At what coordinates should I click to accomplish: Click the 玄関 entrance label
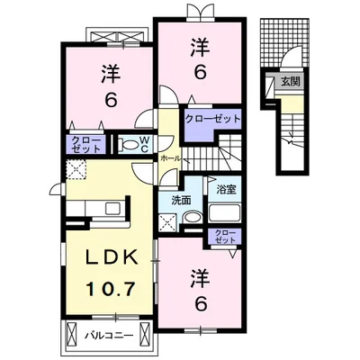[x=290, y=82]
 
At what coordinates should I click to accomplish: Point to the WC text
[x=144, y=144]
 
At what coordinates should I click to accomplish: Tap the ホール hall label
[x=168, y=157]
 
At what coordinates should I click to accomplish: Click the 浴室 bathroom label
[x=225, y=189]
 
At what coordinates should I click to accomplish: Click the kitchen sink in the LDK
[x=114, y=210]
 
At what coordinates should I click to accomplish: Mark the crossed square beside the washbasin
[x=166, y=220]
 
